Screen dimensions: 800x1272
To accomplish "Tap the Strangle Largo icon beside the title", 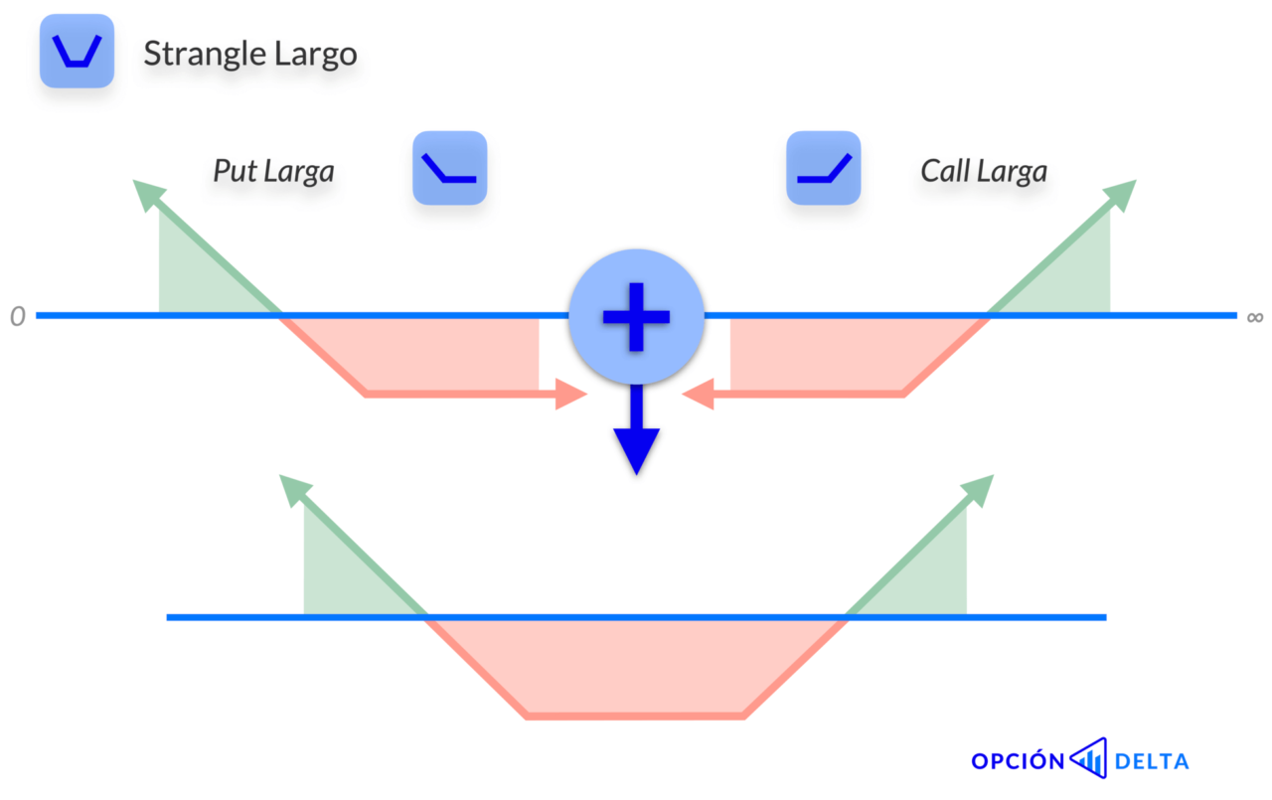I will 77,51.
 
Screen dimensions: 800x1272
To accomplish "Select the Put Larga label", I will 273,171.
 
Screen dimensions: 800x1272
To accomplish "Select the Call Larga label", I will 983,171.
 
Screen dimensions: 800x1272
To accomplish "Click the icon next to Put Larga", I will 449,168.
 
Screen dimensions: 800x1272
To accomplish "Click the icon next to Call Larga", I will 823,168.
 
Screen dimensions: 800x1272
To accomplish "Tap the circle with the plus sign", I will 636,316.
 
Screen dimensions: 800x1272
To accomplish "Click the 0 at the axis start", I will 17,317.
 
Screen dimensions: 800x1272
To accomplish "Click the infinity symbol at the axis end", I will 1254,317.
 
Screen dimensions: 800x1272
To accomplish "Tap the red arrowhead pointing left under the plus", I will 699,395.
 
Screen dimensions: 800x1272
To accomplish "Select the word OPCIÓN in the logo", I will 1017,762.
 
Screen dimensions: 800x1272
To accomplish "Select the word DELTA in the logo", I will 1152,762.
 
